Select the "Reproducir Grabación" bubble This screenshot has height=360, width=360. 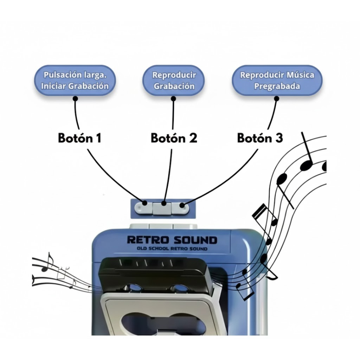click(174, 80)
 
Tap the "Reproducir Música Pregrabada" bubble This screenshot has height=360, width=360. click(277, 80)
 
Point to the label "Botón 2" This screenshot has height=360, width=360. click(174, 138)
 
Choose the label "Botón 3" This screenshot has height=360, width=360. click(260, 138)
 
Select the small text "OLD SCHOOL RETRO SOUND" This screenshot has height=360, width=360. click(172, 249)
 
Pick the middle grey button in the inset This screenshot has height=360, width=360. click(162, 208)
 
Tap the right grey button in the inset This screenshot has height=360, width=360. click(181, 208)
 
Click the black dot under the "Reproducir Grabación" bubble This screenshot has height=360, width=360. click(173, 99)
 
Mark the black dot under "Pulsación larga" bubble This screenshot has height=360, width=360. click(75, 99)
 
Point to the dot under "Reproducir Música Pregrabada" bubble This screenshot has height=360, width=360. click(276, 99)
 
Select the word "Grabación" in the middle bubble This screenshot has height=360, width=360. click(174, 86)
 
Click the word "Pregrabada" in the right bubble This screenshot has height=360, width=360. click(277, 86)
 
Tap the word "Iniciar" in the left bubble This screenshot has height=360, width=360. click(54, 86)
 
